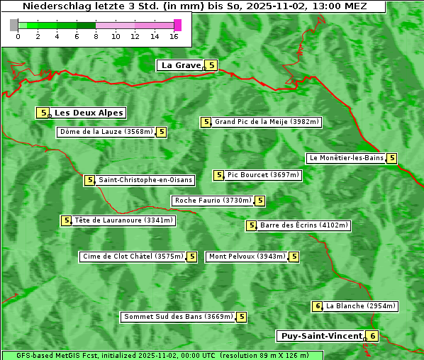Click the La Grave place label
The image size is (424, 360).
pyautogui.click(x=181, y=65)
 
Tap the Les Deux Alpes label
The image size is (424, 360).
pyautogui.click(x=89, y=113)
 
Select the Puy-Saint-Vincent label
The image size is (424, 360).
pyautogui.click(x=321, y=336)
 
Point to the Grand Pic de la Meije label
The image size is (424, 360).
pyautogui.click(x=267, y=122)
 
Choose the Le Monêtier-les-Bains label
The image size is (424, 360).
pyautogui.click(x=345, y=158)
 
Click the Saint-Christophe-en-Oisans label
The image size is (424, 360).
pyautogui.click(x=145, y=180)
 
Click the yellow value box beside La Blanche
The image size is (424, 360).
pyautogui.click(x=318, y=306)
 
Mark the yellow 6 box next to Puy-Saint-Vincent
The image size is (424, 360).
pyautogui.click(x=373, y=336)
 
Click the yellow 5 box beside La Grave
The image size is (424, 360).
pyautogui.click(x=211, y=65)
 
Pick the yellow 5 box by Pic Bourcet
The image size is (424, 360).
pyautogui.click(x=219, y=175)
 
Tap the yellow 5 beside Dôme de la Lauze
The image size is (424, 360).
pyautogui.click(x=162, y=132)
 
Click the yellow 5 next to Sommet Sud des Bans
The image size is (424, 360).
pyautogui.click(x=242, y=317)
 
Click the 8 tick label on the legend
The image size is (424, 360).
pyautogui.click(x=96, y=36)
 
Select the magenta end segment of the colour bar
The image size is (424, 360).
pyautogui.click(x=178, y=25)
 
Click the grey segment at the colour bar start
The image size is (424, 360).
pyautogui.click(x=14, y=25)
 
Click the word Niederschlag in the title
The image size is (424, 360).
pyautogui.click(x=52, y=6)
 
